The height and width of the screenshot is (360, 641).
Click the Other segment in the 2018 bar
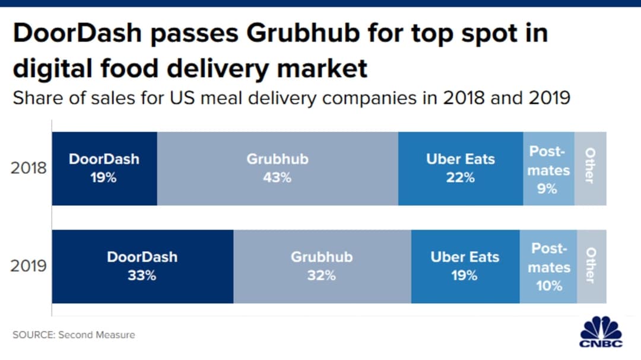coord(591,169)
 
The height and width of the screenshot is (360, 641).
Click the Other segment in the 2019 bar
coord(591,266)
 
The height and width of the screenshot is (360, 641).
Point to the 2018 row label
coord(28,168)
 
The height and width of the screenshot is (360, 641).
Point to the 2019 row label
coord(28,266)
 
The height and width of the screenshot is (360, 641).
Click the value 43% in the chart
coord(277,177)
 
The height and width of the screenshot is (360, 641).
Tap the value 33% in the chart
coord(142,276)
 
